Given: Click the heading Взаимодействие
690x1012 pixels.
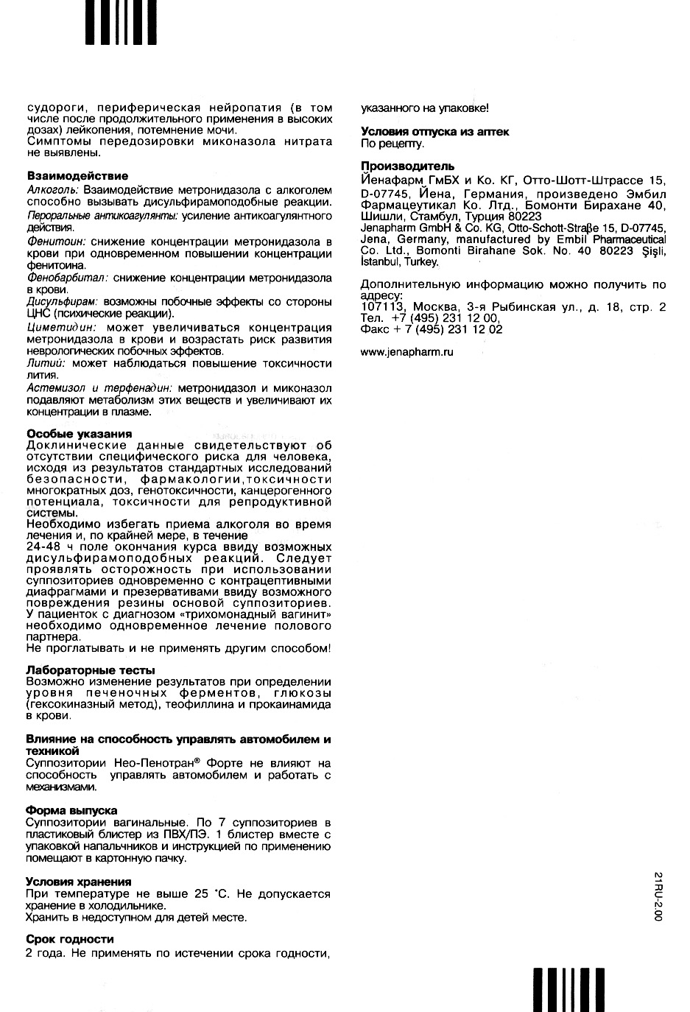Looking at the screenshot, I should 77,176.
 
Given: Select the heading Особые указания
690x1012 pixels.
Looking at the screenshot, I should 79,434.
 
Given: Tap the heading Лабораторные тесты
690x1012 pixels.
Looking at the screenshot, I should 90,670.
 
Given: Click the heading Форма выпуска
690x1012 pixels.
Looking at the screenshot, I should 71,810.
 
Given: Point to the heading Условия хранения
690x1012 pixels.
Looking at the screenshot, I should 78,882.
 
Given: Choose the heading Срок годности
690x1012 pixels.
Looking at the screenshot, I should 69,939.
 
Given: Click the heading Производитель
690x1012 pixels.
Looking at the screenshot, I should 407,166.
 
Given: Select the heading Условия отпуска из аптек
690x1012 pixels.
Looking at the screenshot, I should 434,132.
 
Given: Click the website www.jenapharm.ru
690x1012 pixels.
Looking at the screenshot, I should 406,352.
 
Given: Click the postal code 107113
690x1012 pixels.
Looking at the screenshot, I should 381,307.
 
